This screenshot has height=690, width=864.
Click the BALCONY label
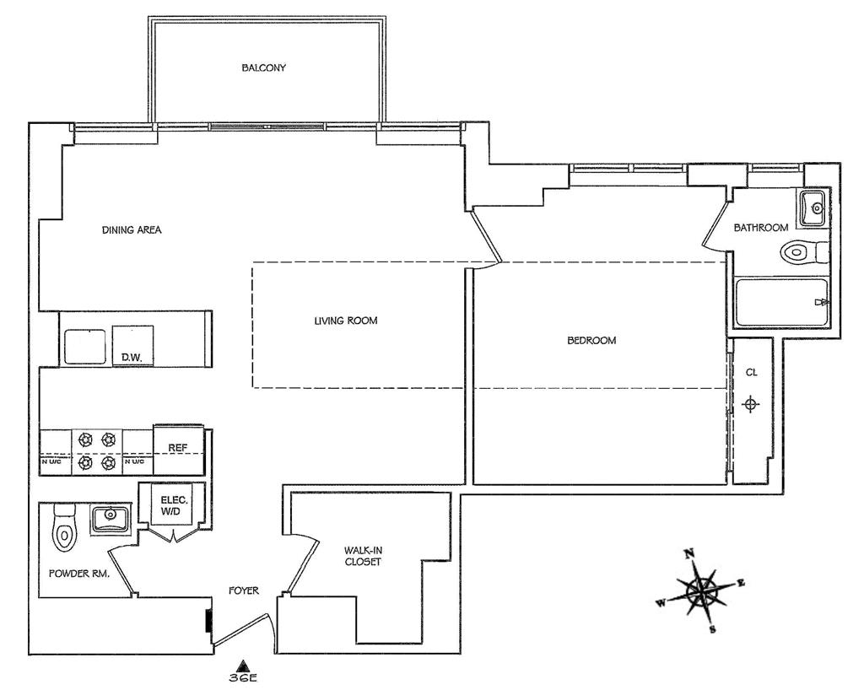point(263,68)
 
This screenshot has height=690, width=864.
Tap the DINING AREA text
point(132,230)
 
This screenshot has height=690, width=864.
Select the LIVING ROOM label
point(345,321)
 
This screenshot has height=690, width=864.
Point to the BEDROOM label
point(591,341)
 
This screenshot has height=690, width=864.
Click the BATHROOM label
point(760,227)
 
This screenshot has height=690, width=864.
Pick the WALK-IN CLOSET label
point(362,556)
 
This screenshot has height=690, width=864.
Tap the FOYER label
point(244,590)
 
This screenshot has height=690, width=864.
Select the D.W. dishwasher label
point(130,358)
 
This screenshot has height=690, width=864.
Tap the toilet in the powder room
point(64,527)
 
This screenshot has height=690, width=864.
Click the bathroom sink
point(813,208)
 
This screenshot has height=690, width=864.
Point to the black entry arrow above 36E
point(242,663)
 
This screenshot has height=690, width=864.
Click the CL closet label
point(751,373)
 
